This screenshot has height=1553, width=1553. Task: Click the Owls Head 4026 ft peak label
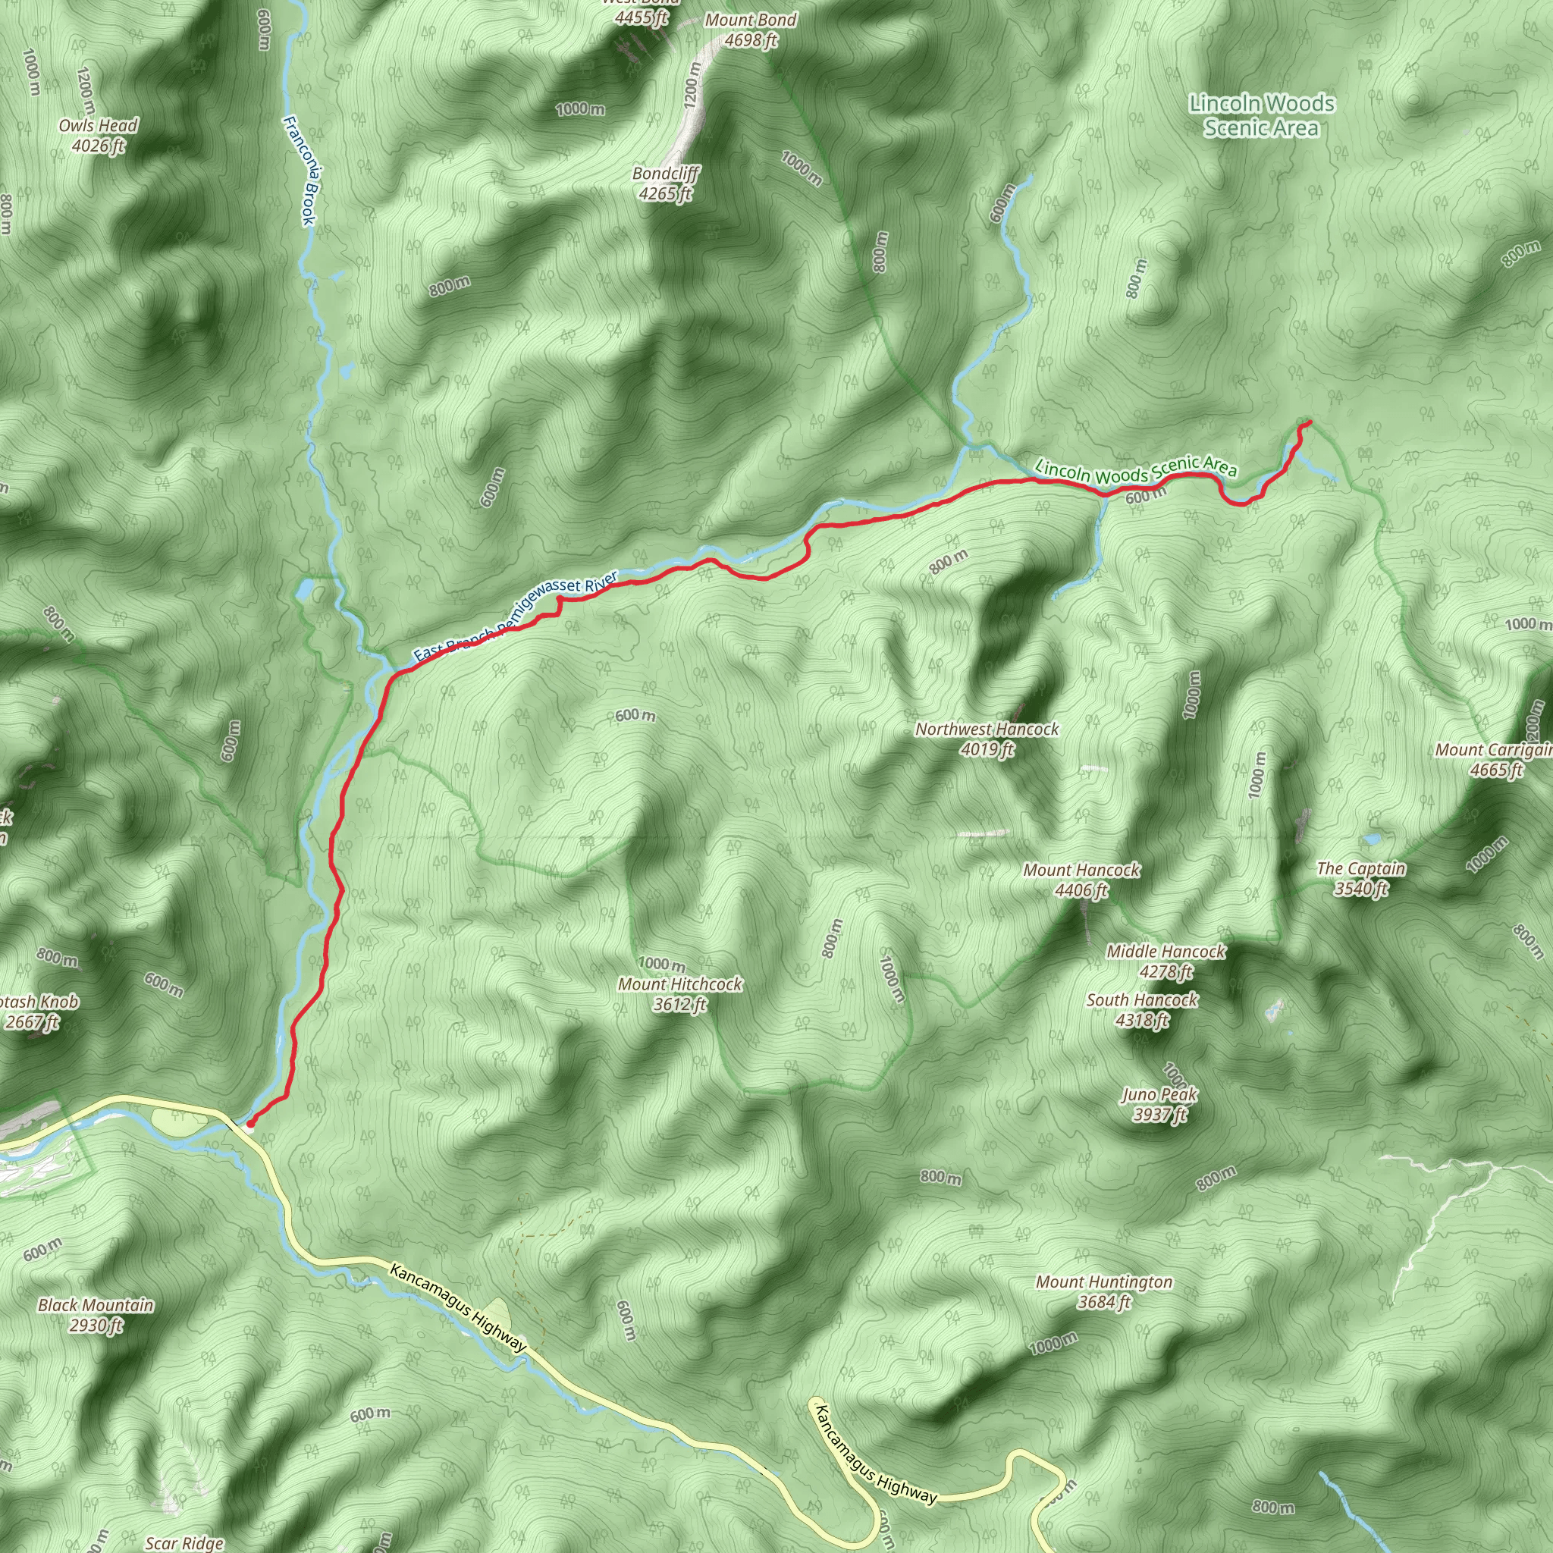pyautogui.click(x=98, y=135)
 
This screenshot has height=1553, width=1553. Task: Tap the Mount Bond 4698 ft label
pyautogui.click(x=750, y=30)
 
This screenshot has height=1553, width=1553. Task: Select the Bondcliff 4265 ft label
pyautogui.click(x=666, y=184)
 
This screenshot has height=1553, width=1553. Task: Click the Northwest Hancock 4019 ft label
pyautogui.click(x=987, y=739)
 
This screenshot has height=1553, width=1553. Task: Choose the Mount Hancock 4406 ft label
pyautogui.click(x=1081, y=880)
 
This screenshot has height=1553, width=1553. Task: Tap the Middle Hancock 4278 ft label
pyautogui.click(x=1166, y=962)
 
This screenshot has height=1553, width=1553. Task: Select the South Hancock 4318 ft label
pyautogui.click(x=1141, y=1009)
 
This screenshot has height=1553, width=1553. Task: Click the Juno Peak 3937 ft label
pyautogui.click(x=1159, y=1103)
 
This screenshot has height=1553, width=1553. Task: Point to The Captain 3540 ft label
pyautogui.click(x=1361, y=878)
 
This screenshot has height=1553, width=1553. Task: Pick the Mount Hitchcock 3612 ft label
pyautogui.click(x=680, y=993)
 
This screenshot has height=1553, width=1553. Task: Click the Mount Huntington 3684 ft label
pyautogui.click(x=1103, y=1291)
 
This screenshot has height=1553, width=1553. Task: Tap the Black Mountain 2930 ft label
pyautogui.click(x=96, y=1315)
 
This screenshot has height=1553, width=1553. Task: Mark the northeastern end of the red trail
pyautogui.click(x=1310, y=422)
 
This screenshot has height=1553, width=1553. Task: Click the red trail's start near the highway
pyautogui.click(x=250, y=1123)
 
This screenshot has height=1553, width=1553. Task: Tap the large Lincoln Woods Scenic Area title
pyautogui.click(x=1261, y=115)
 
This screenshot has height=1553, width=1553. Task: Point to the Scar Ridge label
pyautogui.click(x=184, y=1542)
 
